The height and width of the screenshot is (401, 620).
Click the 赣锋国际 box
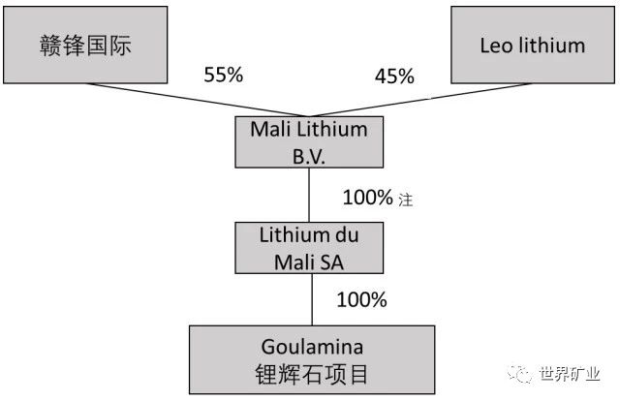[x=81, y=46]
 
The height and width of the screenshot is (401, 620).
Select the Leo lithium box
[x=532, y=46]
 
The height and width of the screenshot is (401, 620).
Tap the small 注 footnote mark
[x=406, y=200]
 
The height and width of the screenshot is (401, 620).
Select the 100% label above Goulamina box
[x=361, y=300]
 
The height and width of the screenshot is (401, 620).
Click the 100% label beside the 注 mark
[x=367, y=199]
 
